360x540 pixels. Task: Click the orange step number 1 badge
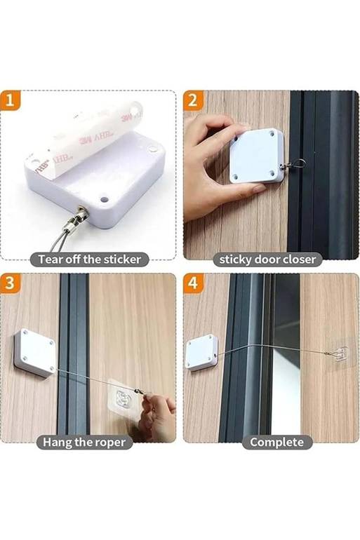coord(10,100)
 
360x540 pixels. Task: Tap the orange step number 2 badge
coord(192,100)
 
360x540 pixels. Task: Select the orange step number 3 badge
coord(10,283)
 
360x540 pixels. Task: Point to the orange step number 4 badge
coord(193,283)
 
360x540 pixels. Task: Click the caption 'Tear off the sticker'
coord(89,259)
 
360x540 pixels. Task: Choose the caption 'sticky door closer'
coord(267,259)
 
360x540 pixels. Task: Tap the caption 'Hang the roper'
coord(84,443)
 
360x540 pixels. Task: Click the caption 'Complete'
coord(276,443)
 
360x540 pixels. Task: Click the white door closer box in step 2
coord(257,156)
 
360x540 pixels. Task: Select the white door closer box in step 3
coord(35,353)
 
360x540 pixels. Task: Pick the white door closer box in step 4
coord(202,353)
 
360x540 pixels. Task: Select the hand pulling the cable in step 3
coord(157,417)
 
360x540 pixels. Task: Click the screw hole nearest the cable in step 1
coord(104,199)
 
